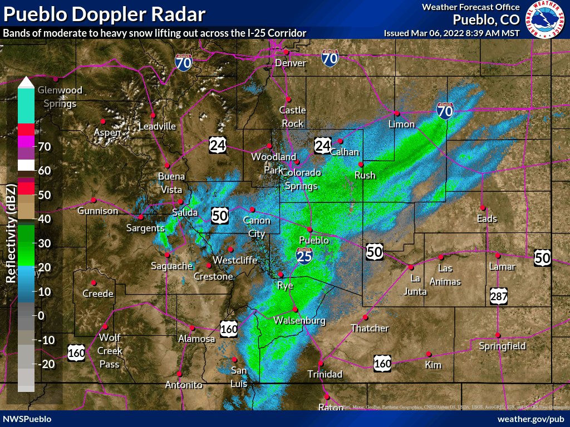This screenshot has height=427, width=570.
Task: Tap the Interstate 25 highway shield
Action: (304, 255)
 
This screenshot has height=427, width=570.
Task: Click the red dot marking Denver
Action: (286, 52)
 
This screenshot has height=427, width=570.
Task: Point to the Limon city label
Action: (402, 123)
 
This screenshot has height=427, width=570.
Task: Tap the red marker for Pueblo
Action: (310, 229)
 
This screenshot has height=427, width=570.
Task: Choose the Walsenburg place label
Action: (299, 321)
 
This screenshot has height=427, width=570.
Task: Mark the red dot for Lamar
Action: (498, 256)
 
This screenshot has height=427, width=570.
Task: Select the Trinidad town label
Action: (326, 374)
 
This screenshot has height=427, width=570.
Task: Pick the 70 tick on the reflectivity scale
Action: (45, 147)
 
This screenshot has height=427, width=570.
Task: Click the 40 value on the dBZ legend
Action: (45, 219)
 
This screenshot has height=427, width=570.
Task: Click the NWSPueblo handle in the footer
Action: (27, 419)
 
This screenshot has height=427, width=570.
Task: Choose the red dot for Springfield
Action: (498, 335)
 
